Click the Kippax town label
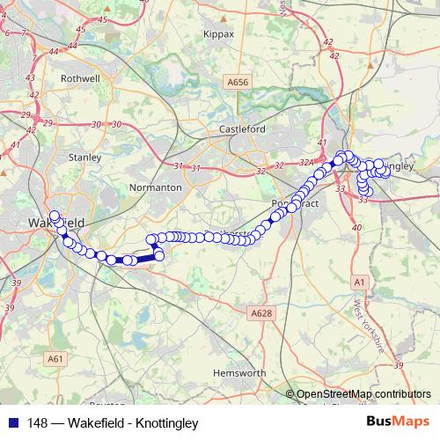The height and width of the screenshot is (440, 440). (218, 33)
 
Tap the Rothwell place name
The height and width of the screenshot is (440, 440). (80, 77)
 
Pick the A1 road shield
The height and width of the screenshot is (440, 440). (358, 282)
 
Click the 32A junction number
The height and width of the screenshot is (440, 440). (306, 164)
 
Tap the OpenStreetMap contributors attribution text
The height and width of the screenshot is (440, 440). (363, 394)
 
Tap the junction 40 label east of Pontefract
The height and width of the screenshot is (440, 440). (357, 228)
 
